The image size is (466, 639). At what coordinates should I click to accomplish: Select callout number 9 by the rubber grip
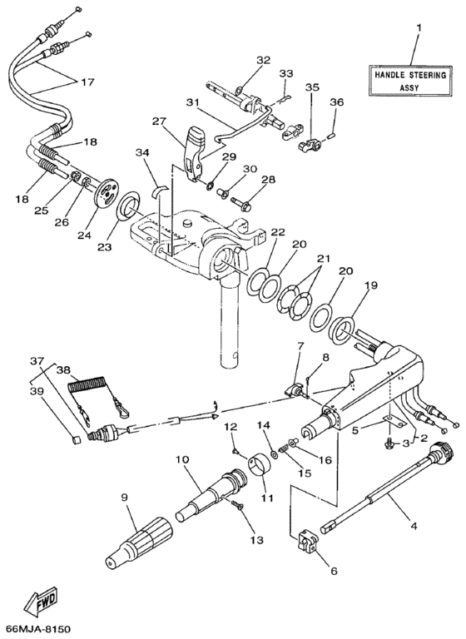125,499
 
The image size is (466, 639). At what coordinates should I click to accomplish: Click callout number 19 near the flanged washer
369,285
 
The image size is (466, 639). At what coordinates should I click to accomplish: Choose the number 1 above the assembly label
418,27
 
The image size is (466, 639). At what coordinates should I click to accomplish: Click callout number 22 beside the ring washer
277,232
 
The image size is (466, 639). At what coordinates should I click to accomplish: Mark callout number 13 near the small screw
255,541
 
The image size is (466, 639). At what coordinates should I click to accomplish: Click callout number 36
336,102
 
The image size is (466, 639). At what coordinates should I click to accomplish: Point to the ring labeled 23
129,204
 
